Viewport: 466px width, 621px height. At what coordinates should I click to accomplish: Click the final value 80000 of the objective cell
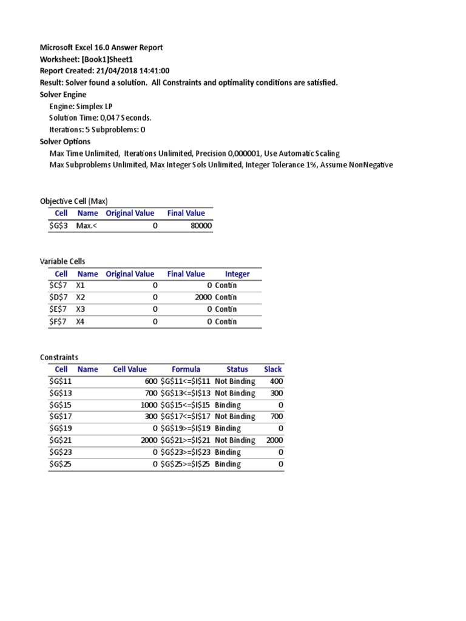(x=201, y=226)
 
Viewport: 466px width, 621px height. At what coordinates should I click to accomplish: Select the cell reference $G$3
(x=59, y=226)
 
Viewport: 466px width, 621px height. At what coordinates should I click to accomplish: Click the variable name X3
(x=81, y=309)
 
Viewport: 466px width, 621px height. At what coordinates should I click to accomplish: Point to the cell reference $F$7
(x=59, y=321)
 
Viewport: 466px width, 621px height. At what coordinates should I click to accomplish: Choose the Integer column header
(x=237, y=274)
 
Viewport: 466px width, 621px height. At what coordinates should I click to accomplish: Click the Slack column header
(x=273, y=369)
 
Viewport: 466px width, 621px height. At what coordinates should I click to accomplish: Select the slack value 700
(x=277, y=417)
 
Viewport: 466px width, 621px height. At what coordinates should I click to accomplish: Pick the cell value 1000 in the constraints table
(x=149, y=405)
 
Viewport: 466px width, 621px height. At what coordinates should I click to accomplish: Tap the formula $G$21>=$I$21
(x=185, y=440)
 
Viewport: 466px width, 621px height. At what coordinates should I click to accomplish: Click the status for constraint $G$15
(x=228, y=405)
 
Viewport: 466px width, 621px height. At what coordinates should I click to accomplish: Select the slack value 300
(x=277, y=393)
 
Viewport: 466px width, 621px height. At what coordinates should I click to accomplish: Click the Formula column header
(x=186, y=369)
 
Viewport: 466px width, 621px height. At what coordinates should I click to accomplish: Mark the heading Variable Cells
(x=62, y=261)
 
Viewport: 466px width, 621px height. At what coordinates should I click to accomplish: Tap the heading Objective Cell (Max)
(x=73, y=201)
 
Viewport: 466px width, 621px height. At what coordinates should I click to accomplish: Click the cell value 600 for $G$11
(x=150, y=381)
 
